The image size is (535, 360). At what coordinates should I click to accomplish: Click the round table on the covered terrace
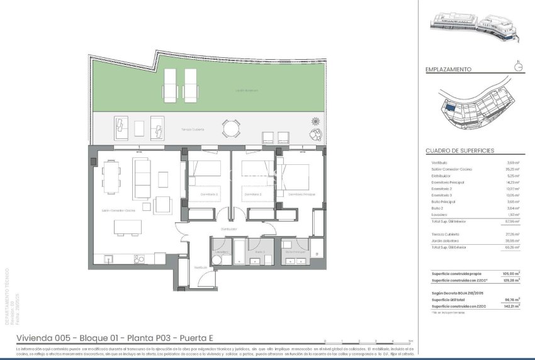pos(231,129)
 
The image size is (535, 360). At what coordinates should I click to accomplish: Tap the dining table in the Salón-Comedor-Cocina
pos(113,177)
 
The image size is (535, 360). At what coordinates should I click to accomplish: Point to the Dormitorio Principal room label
pos(301,194)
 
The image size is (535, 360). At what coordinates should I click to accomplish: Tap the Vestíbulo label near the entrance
pos(200,267)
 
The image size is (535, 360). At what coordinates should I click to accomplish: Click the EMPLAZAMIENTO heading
pos(448,70)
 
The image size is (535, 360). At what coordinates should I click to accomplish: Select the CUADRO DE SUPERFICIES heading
pos(459,151)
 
